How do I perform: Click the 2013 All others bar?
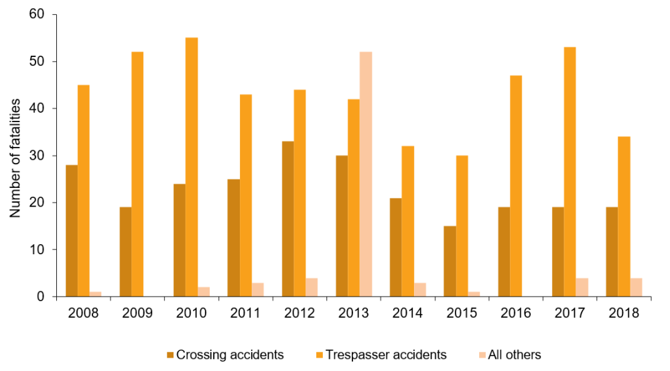366,174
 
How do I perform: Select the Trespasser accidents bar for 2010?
192,167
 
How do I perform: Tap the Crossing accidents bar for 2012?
287,219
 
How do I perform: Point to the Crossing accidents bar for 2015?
450,261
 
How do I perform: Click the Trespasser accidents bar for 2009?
137,174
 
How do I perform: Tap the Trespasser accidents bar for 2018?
624,217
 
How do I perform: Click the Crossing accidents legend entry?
224,354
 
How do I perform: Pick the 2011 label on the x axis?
245,313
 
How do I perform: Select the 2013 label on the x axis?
354,313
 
